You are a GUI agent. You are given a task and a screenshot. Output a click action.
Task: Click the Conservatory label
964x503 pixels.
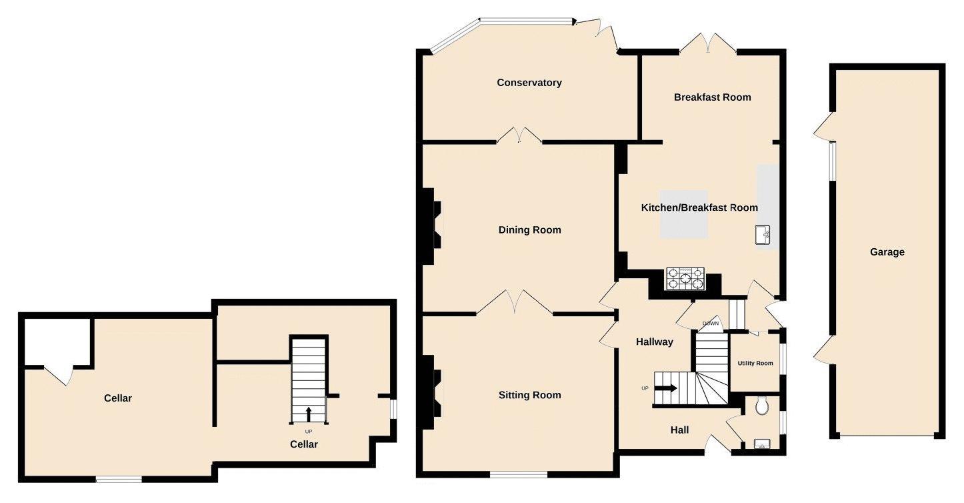click(529, 83)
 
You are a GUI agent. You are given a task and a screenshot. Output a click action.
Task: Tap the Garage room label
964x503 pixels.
click(887, 252)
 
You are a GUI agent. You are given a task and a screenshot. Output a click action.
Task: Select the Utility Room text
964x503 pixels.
click(755, 364)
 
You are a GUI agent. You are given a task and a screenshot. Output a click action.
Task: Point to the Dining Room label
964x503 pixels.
click(530, 230)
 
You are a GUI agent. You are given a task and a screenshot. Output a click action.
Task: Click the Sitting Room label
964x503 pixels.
click(530, 395)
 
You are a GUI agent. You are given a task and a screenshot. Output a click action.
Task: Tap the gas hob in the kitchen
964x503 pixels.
click(685, 279)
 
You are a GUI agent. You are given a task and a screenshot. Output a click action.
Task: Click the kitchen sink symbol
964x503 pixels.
click(763, 235)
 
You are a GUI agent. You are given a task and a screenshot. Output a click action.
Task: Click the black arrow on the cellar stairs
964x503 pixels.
click(308, 414)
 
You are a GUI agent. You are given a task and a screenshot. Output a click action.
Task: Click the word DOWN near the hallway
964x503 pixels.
click(711, 324)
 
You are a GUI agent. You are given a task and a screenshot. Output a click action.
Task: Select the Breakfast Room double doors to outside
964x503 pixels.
click(708, 44)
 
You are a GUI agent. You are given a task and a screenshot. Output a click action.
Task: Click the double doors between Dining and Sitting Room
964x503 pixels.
click(515, 303)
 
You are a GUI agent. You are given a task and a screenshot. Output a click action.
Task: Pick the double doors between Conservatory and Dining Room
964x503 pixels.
click(519, 135)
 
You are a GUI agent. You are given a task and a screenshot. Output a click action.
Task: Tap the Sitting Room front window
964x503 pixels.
click(519, 474)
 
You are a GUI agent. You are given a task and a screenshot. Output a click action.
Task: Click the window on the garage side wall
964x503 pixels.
click(831, 161)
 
